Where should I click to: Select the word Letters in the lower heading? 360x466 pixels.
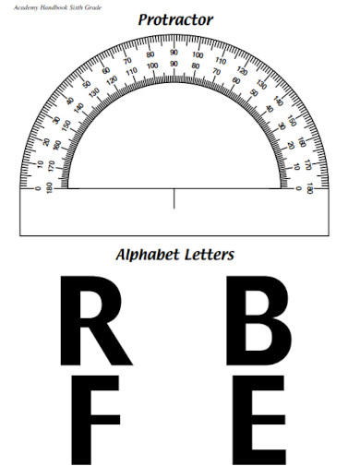[210, 255]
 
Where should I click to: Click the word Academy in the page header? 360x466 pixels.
[17, 6]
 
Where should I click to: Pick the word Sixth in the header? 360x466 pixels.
[73, 6]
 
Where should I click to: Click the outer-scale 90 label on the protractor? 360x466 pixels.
[174, 53]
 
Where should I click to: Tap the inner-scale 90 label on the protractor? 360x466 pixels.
[174, 65]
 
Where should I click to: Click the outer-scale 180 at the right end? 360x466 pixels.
[311, 188]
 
